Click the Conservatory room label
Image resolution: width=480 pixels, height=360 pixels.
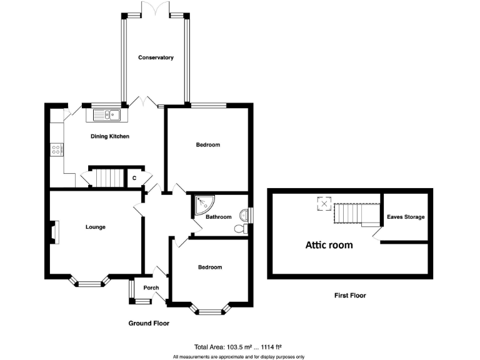156,57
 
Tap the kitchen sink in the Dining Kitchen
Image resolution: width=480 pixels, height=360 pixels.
107,115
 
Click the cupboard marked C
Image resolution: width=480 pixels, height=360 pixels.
134,178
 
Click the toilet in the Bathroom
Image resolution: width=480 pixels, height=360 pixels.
241,229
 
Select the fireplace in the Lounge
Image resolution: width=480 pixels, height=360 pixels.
55,232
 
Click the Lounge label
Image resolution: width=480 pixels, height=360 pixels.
96,227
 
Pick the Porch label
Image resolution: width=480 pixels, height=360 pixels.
151,287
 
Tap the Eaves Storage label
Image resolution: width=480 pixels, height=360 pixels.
406,217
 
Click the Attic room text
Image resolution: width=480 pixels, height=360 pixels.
329,245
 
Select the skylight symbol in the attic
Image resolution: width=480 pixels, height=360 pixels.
324,204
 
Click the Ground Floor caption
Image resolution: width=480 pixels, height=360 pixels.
149,323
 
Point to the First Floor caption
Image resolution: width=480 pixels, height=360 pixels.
350,296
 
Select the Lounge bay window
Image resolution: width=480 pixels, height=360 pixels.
89,282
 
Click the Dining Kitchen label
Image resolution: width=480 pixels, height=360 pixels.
110,136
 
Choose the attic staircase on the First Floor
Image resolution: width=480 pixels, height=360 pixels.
357,213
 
